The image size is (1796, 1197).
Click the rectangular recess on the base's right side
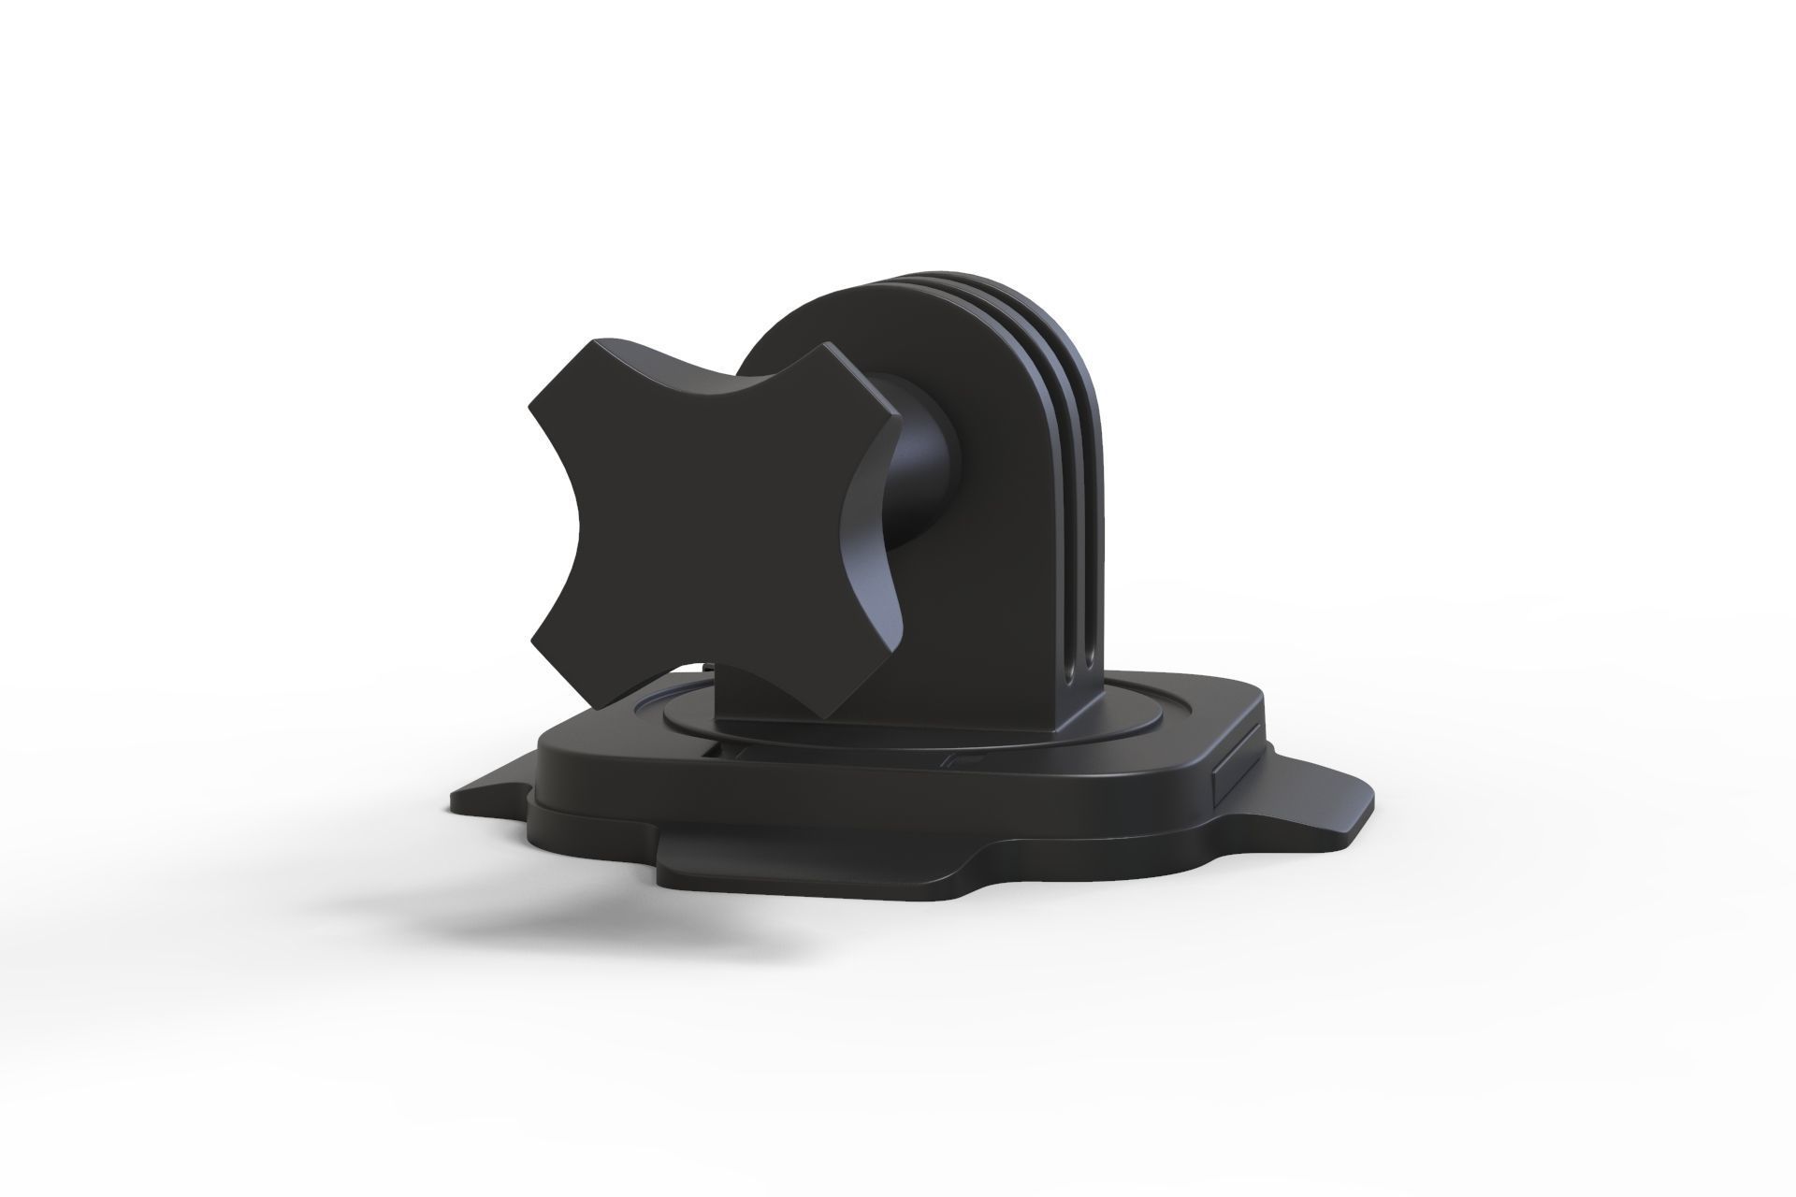coord(1232,772)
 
